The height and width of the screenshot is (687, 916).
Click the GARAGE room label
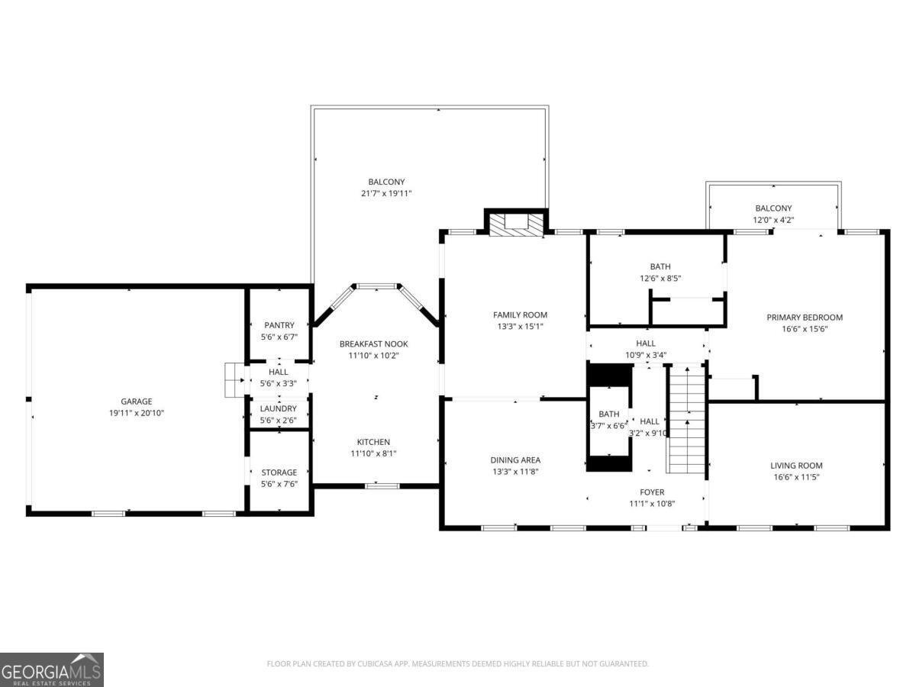[137, 401]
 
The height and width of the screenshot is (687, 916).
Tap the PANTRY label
[279, 325]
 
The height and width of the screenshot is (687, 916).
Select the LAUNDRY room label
[279, 408]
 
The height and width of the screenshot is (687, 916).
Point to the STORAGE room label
[279, 473]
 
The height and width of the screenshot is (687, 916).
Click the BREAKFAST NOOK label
[369, 344]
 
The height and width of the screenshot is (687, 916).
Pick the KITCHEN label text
[373, 442]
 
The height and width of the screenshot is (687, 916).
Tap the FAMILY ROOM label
[520, 314]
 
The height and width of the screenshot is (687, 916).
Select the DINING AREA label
[515, 460]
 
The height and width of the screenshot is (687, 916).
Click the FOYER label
[651, 492]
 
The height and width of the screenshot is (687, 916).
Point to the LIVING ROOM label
[796, 465]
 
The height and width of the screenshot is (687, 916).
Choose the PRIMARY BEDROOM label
[805, 318]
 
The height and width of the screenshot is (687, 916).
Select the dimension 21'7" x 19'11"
[386, 194]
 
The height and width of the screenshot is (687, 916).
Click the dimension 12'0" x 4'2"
[773, 220]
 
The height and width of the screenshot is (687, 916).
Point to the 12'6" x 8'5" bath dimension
[660, 279]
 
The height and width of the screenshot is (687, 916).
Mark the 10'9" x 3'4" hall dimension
[646, 354]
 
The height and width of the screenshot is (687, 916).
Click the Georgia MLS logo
[52, 669]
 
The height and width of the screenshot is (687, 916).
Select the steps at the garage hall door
[232, 380]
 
